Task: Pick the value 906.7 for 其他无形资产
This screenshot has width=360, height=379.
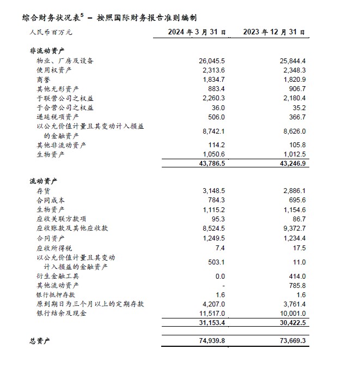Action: click(295, 89)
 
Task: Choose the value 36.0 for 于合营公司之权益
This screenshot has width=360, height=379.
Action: click(217, 107)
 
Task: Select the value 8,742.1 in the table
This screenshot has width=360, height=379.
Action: click(212, 131)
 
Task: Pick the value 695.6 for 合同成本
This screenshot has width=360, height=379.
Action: click(295, 200)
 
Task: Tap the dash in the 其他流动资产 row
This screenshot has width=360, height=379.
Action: click(223, 285)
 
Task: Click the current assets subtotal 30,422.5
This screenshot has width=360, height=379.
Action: click(290, 323)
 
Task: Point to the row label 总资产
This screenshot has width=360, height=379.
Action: click(40, 341)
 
